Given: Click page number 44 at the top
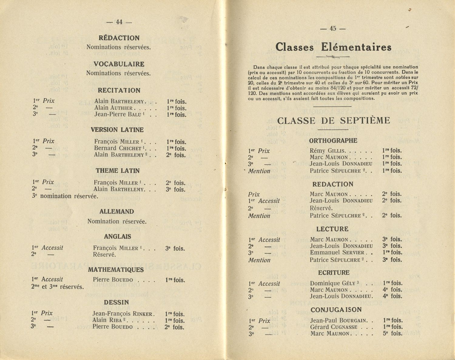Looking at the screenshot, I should coord(119,22).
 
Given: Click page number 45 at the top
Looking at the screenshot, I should coord(333,29).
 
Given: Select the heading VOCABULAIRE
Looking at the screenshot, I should coord(119,64).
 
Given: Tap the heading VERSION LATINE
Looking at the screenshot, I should coord(117,130).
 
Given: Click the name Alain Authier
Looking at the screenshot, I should coord(113,108).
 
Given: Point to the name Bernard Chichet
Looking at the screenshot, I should coord(118,148).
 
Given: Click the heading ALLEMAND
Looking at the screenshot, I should coord(116,212).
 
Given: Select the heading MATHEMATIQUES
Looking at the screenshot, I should coord(116,270).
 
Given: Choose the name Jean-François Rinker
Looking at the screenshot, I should coord(123,314).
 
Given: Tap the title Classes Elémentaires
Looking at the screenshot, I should coord(333,47).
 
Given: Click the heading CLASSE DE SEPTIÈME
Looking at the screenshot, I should coord(333,121).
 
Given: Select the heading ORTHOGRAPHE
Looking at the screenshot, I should coord(333,141).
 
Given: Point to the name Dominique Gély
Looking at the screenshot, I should coord(332,284).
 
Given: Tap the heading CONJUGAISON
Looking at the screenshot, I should coord(336,310).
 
